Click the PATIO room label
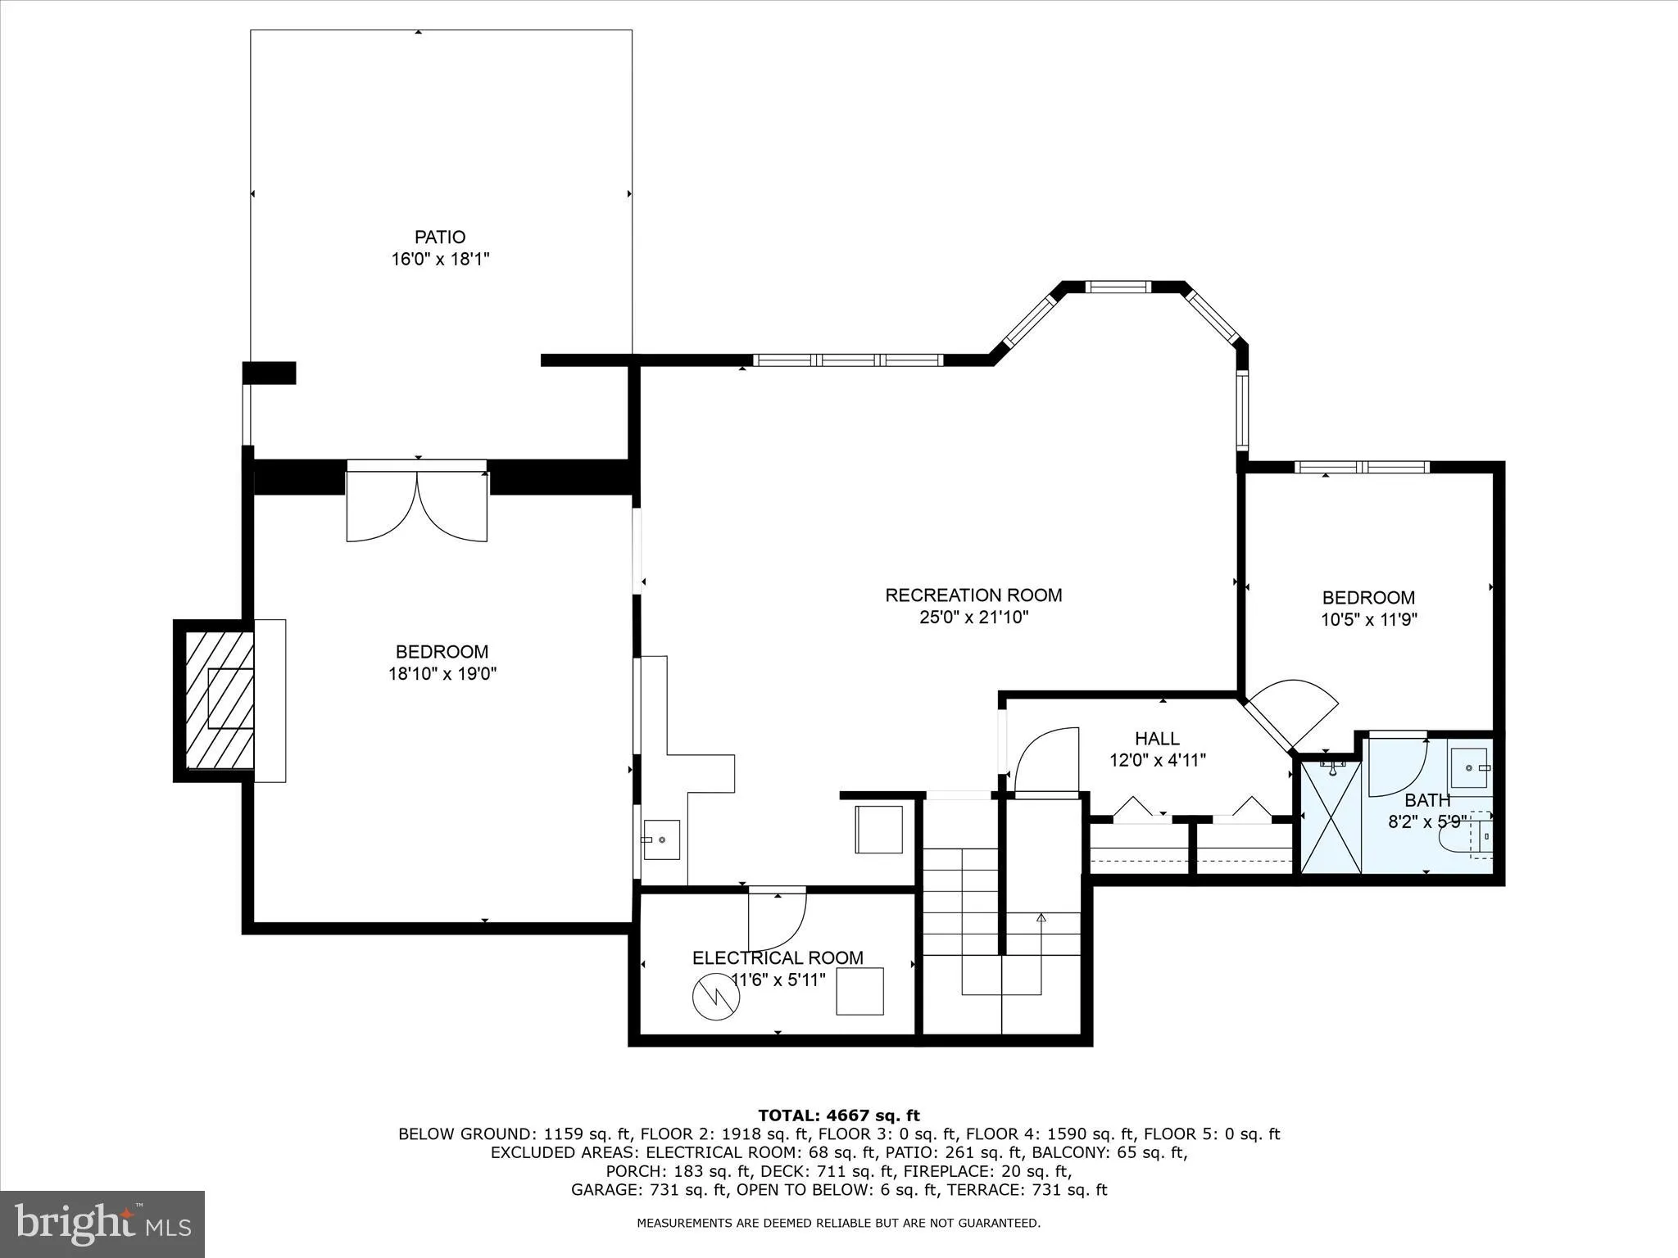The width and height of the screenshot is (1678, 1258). click(440, 238)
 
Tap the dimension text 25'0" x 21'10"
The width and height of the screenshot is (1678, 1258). click(973, 618)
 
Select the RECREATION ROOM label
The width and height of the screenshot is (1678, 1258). click(973, 595)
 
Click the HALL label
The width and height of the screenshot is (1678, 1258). click(1157, 739)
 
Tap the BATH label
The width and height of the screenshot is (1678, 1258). click(1427, 800)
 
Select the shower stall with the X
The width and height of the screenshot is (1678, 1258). click(1331, 817)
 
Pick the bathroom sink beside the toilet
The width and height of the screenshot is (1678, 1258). click(1470, 767)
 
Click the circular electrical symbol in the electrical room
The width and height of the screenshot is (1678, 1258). click(717, 997)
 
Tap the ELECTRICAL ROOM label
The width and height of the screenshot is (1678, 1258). click(778, 958)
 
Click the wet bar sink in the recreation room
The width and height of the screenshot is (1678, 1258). click(661, 840)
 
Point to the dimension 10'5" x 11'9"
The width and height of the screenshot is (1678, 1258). click(1368, 620)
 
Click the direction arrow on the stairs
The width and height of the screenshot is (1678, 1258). click(1041, 919)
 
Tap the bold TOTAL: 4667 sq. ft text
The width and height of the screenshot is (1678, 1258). click(838, 1115)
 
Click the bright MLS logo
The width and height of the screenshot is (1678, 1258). click(102, 1224)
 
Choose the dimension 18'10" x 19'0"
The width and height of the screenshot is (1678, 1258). click(442, 674)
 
